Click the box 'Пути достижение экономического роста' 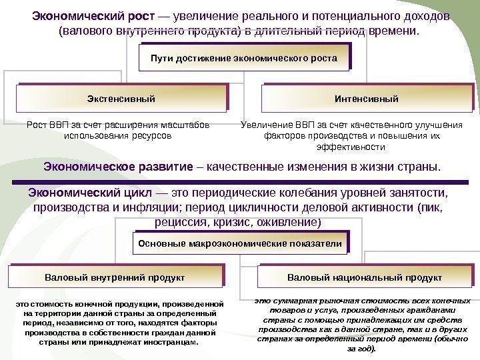pyautogui.click(x=244, y=59)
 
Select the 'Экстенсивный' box pyautogui.click(x=121, y=99)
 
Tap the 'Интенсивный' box pyautogui.click(x=366, y=99)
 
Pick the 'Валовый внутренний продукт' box pyautogui.click(x=114, y=275)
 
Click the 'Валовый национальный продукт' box pyautogui.click(x=364, y=275)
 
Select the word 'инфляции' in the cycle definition pyautogui.click(x=141, y=207)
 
